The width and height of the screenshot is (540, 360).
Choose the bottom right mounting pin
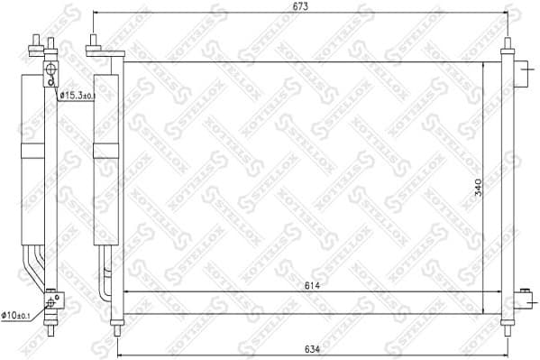pyautogui.click(x=507, y=322)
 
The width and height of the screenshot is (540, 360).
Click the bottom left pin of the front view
pyautogui.click(x=114, y=321)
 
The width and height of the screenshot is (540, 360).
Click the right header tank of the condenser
pyautogui.click(x=507, y=180)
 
